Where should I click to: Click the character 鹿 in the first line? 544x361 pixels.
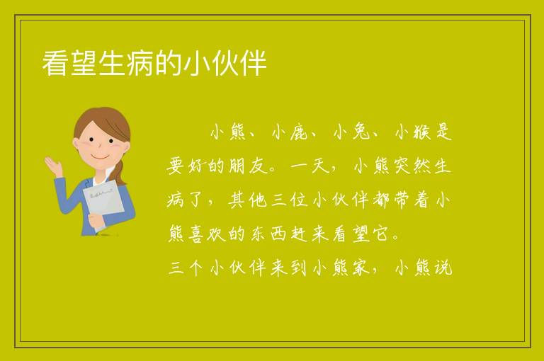pos(298,132)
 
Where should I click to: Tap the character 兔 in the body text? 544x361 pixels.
pos(361,132)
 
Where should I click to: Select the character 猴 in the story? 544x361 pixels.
pos(422,132)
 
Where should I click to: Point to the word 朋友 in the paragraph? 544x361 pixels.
pos(249,166)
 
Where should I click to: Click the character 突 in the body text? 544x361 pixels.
pos(402,166)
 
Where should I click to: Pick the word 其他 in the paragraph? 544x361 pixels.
pos(247,200)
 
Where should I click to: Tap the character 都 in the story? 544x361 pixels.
pos(381,200)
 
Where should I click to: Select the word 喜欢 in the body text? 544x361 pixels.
pos(207,234)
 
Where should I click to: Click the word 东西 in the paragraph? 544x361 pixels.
pos(269,234)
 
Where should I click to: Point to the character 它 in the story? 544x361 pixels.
pos(380,234)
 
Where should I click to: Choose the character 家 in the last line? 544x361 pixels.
pos(361,268)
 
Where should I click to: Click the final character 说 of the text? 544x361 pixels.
pos(443,268)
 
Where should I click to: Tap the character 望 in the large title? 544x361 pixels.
pos(84,63)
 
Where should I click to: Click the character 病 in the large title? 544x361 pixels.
pos(140,63)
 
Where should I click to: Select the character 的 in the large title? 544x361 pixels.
pos(169,63)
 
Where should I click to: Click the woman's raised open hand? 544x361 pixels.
pos(53,166)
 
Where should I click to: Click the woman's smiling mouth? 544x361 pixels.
pos(100,156)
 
